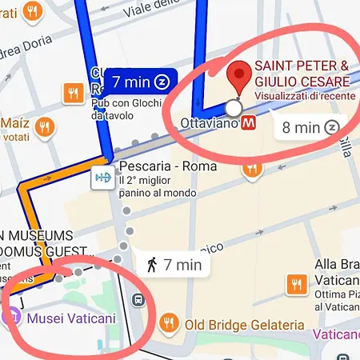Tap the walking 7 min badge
(x=174, y=263)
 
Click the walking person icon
(x=151, y=263)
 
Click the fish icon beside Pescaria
(x=102, y=177)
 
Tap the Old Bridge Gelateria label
(x=244, y=324)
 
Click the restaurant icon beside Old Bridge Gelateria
(x=168, y=323)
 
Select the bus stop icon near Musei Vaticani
(x=139, y=301)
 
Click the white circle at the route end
(x=234, y=108)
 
